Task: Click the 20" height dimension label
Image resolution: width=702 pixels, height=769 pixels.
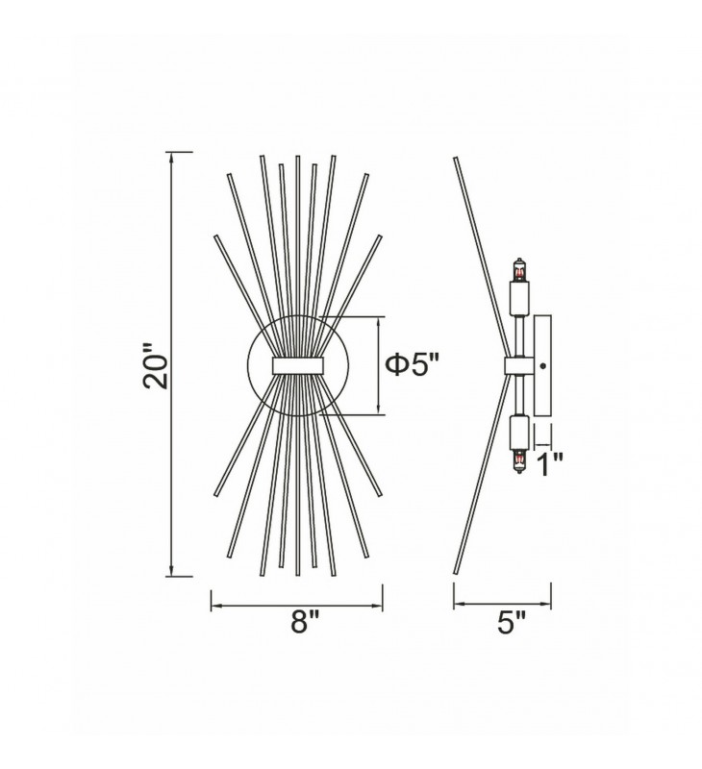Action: [155, 365]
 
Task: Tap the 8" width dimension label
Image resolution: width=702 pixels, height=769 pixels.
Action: [305, 623]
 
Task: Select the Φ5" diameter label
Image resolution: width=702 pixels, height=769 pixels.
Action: [412, 364]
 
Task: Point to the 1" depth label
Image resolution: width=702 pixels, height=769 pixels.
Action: [549, 464]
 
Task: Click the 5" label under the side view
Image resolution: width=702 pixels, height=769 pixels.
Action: [512, 623]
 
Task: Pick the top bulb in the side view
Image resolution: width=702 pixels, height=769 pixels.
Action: [519, 269]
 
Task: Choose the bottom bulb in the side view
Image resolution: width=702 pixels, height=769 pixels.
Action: [519, 461]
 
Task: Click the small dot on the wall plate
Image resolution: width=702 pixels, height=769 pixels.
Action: [542, 365]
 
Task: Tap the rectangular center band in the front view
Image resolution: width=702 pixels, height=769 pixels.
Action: [298, 366]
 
